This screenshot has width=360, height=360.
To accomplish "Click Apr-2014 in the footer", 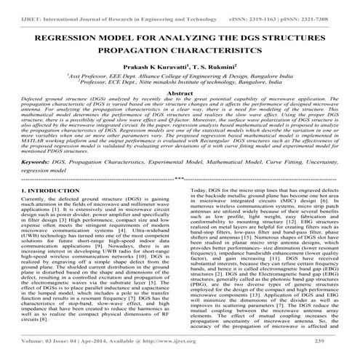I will click(x=106, y=351).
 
